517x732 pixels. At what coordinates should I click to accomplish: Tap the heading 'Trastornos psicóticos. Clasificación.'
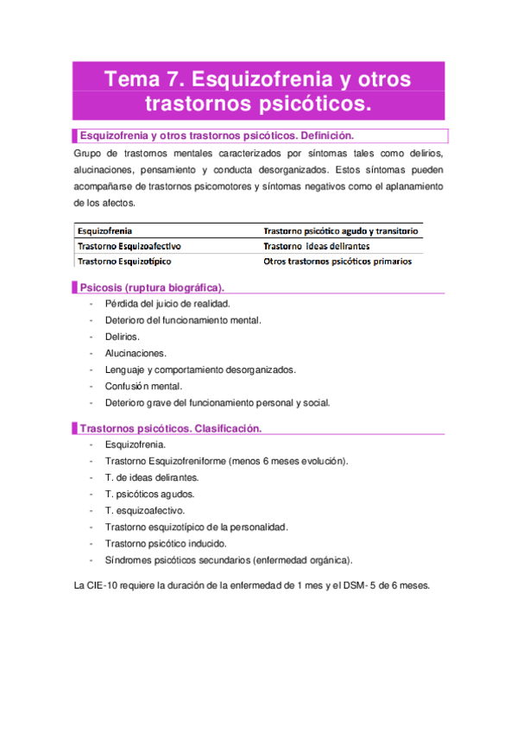coord(170,428)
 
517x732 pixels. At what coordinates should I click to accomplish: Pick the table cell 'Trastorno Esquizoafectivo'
coord(129,246)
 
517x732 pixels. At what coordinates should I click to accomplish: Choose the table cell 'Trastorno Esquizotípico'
coord(125,261)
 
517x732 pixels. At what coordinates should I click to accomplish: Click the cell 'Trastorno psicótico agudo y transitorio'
coord(341,231)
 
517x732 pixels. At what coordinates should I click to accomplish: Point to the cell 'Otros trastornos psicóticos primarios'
coord(337,261)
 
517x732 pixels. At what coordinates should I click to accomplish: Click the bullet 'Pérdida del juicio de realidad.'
coord(167,304)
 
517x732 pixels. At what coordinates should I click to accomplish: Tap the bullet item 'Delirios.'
coord(123,337)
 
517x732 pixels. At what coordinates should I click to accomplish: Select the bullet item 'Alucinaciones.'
coord(136,353)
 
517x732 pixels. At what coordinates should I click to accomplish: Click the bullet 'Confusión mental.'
coord(143,386)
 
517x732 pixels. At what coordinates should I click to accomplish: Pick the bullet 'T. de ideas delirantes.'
coord(152,477)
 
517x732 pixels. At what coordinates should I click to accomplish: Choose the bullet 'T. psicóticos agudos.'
coord(149,494)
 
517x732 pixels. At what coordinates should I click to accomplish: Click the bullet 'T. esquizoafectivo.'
coord(145,510)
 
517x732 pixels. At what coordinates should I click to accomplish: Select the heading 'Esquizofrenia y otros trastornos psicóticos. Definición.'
coord(217,136)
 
